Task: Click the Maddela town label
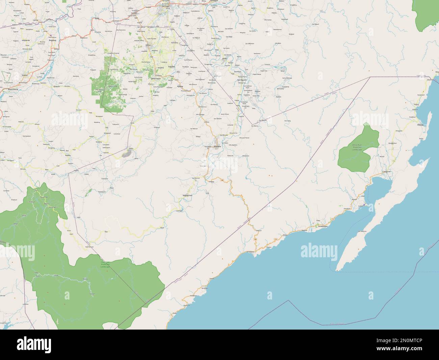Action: click(x=217, y=146)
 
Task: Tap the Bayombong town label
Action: click(x=12, y=89)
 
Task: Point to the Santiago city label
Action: click(x=165, y=6)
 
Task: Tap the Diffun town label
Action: click(x=148, y=45)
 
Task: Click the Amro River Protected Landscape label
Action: click(x=357, y=147)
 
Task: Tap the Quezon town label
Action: click(x=57, y=86)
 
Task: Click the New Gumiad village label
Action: click(x=89, y=247)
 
